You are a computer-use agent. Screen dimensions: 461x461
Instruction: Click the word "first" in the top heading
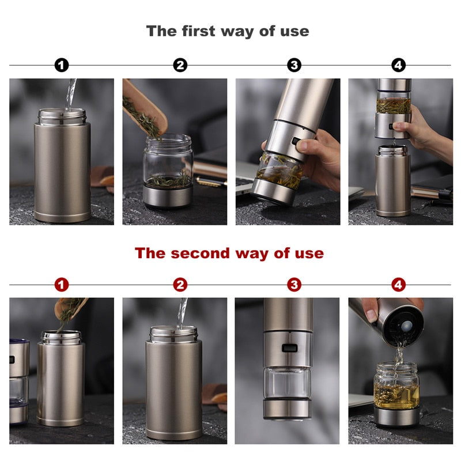coord(198,31)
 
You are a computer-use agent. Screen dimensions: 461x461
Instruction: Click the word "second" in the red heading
coord(200,253)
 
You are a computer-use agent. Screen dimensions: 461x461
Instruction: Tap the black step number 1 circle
coord(62,65)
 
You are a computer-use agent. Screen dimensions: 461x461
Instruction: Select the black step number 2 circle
coord(180,65)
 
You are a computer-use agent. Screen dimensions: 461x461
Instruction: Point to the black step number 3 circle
coord(294,65)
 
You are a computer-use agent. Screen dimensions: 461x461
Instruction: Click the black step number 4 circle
coord(398,65)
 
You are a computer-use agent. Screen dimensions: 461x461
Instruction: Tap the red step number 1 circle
coord(62,285)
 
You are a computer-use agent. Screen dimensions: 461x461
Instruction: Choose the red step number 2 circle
coord(180,285)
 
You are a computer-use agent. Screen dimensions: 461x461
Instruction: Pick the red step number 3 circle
coord(294,285)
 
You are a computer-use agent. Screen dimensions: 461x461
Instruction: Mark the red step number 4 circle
coord(398,285)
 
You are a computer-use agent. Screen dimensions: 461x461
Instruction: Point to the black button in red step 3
coord(290,348)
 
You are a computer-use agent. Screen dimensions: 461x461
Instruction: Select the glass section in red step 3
coord(287,382)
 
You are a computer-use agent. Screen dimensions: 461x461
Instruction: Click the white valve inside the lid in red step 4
coord(407,325)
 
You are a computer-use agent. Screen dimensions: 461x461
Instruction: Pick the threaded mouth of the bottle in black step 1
coord(62,116)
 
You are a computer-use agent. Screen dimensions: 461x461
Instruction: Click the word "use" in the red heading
coord(309,254)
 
